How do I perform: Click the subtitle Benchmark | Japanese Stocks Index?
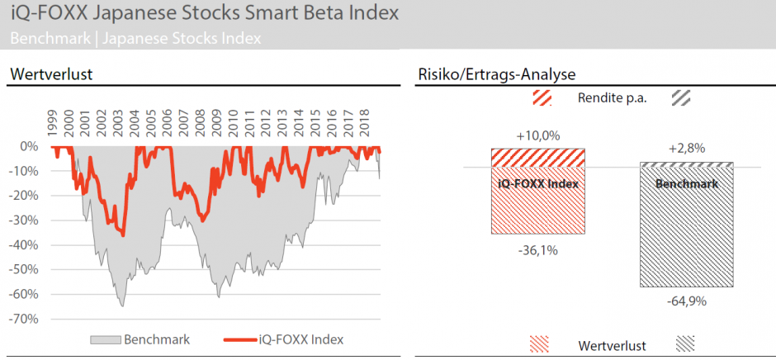(136, 38)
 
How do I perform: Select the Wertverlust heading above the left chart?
(50, 75)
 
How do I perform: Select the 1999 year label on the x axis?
(52, 124)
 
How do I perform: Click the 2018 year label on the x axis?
(365, 124)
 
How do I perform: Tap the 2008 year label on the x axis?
(200, 124)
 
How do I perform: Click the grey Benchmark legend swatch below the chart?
(104, 339)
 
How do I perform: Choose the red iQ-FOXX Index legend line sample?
(239, 339)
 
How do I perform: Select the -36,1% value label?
(537, 249)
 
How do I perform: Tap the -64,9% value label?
(687, 301)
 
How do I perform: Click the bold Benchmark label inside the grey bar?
(686, 183)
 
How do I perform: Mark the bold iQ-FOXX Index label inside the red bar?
(537, 183)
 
